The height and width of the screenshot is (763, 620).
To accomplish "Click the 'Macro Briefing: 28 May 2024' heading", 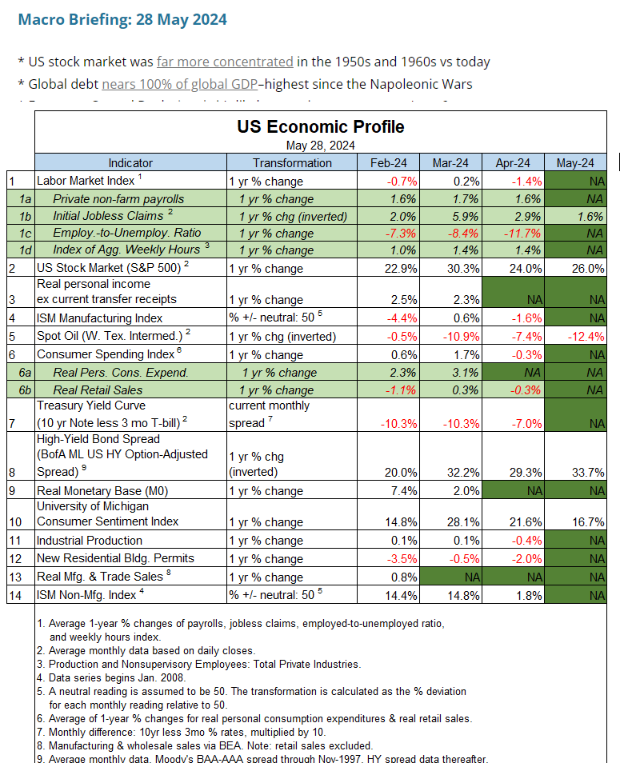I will pyautogui.click(x=122, y=19).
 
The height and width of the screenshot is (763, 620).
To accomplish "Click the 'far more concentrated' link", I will pyautogui.click(x=225, y=62).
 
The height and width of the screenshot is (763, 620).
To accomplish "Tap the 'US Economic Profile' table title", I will pyautogui.click(x=320, y=126).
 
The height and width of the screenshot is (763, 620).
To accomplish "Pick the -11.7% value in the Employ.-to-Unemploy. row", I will pyautogui.click(x=518, y=234).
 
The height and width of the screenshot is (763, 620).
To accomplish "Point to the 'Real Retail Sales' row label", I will pyautogui.click(x=98, y=390).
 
